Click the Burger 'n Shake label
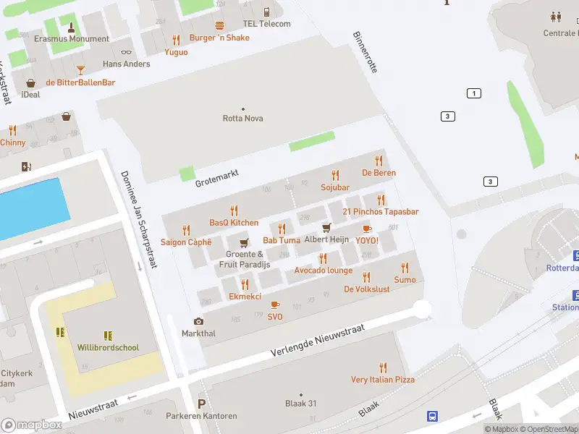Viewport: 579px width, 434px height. click(219, 38)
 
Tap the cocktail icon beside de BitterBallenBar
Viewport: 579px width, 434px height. click(80, 69)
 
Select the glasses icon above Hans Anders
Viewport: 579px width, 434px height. click(127, 51)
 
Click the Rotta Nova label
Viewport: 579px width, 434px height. click(242, 119)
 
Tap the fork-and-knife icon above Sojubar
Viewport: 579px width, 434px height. click(334, 175)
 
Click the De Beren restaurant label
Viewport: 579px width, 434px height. click(379, 173)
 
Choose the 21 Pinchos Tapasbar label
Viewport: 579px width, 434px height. click(381, 211)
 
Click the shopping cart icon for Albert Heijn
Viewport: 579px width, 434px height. click(326, 228)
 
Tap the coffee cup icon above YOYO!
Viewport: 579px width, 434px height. click(367, 229)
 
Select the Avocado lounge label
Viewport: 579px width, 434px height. click(323, 271)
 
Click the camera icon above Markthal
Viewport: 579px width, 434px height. click(198, 321)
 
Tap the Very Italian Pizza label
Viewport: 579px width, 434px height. click(383, 379)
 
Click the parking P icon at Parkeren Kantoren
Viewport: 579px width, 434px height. click(202, 404)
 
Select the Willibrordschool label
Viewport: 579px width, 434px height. click(108, 348)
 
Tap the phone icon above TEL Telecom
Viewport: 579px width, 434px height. click(267, 12)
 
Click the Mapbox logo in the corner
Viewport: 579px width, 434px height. click(32, 425)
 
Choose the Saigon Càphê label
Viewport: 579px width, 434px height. click(186, 242)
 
